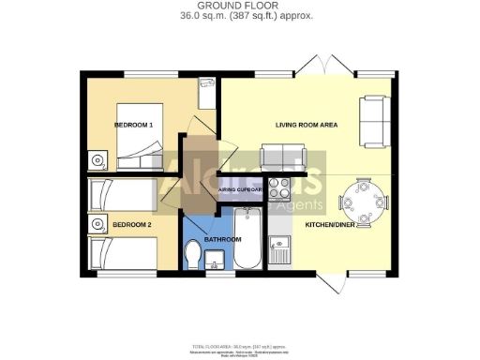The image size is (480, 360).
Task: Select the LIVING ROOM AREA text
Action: tap(306, 125)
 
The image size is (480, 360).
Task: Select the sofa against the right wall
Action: tap(374, 122)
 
